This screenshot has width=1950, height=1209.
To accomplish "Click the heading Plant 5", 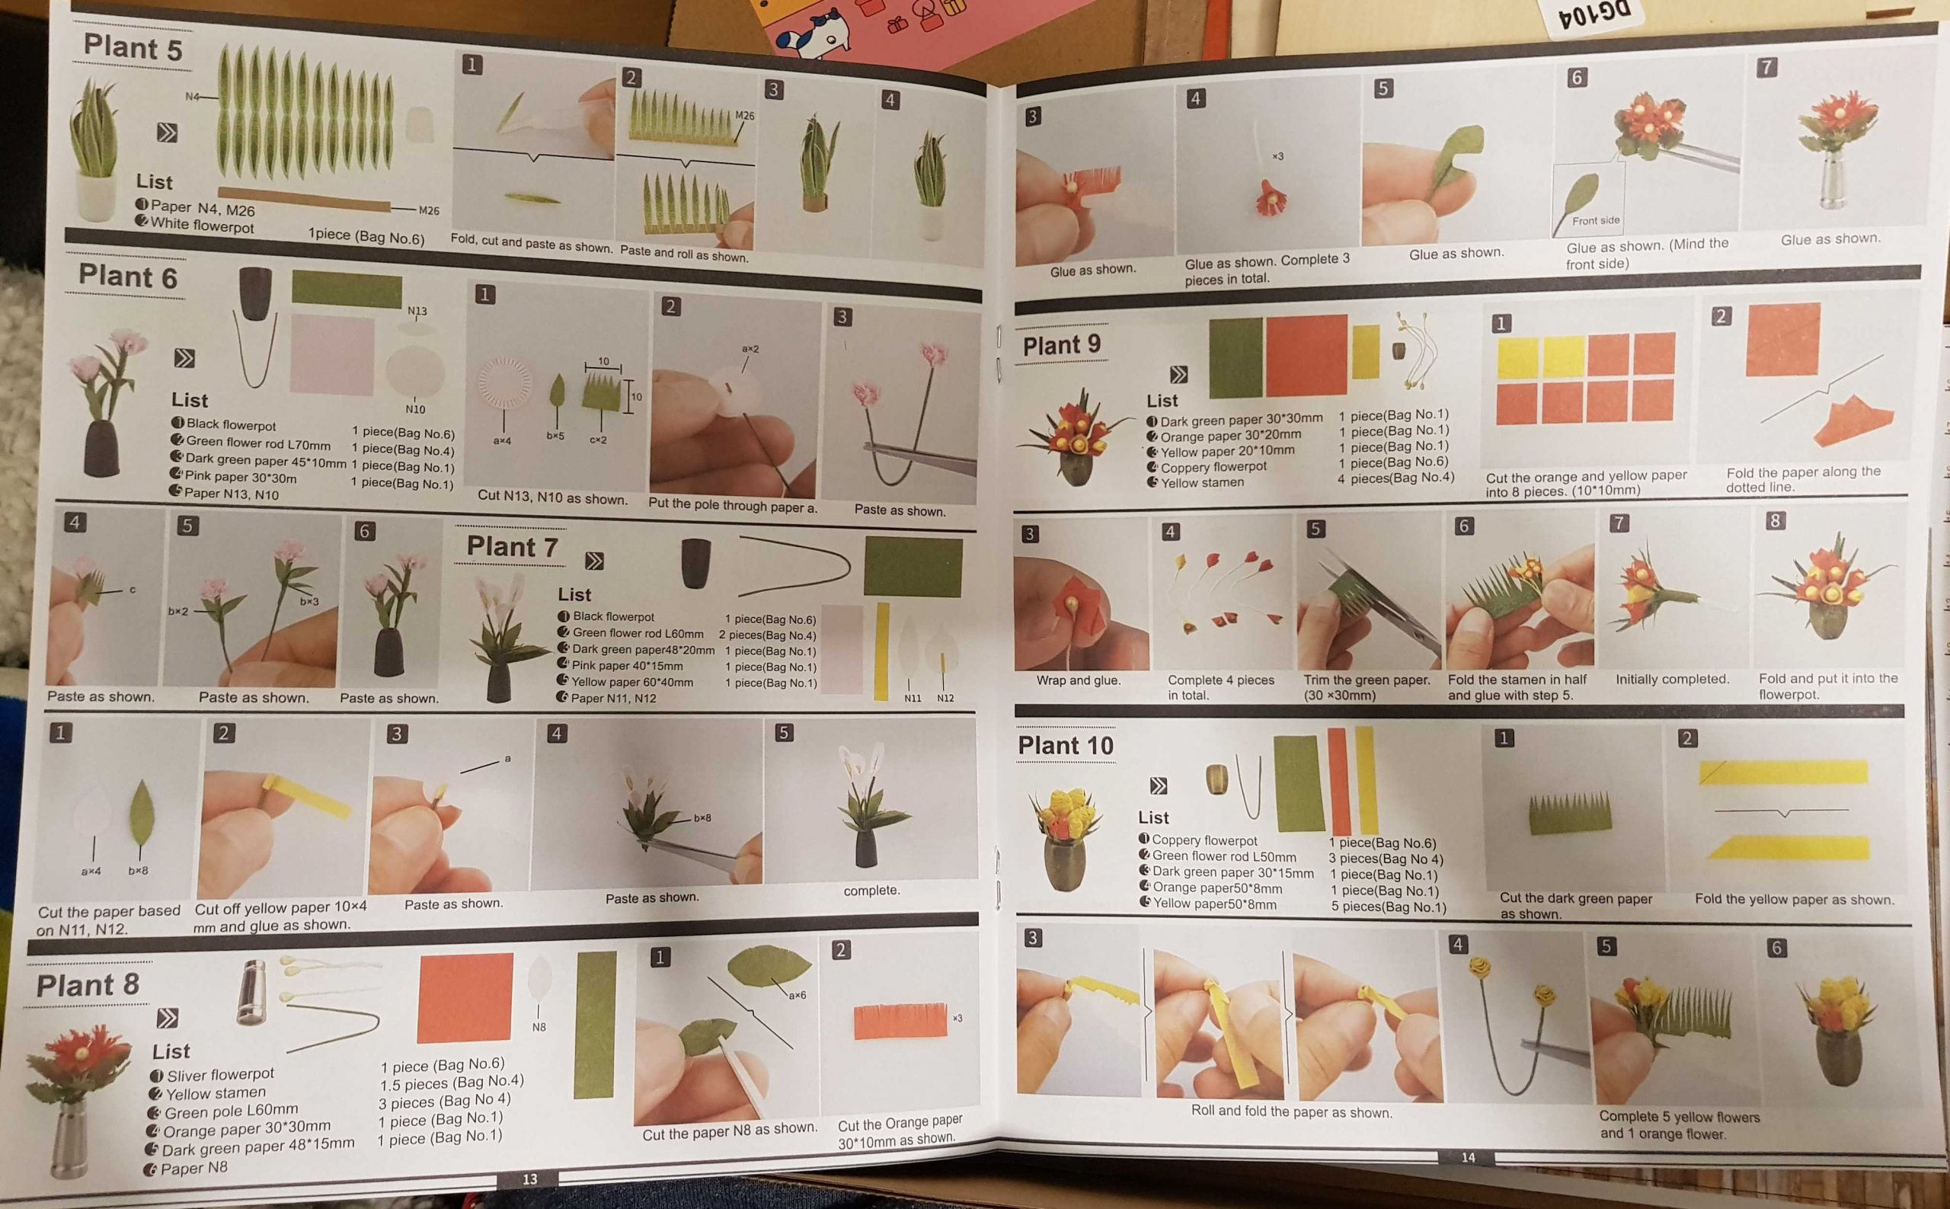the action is (x=133, y=47).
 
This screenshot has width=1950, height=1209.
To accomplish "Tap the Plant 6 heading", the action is (x=128, y=277).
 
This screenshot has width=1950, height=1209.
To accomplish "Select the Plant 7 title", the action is (x=513, y=547).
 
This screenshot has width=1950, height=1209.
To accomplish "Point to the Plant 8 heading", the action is (x=88, y=985).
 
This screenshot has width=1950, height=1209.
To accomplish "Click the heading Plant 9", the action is (x=1062, y=345).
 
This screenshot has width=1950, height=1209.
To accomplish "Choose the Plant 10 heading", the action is (x=1066, y=745).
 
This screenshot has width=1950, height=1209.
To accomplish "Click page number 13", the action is (x=530, y=1179).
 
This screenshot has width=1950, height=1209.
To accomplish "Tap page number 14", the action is (x=1468, y=1157).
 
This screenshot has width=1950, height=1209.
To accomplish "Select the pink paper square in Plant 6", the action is (x=332, y=354).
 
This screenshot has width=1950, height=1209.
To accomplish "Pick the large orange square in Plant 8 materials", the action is (x=465, y=997).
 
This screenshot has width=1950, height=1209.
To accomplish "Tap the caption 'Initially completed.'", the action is (x=1672, y=679).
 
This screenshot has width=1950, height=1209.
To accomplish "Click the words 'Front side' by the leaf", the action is (x=1596, y=221).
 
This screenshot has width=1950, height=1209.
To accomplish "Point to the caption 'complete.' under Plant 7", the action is (x=871, y=890).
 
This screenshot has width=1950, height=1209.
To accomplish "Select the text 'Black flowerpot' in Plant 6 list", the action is (x=231, y=424).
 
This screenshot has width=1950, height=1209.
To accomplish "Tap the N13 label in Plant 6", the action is (x=417, y=311).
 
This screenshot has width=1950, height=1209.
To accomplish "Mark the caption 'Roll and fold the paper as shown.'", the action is (x=1291, y=1111).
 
